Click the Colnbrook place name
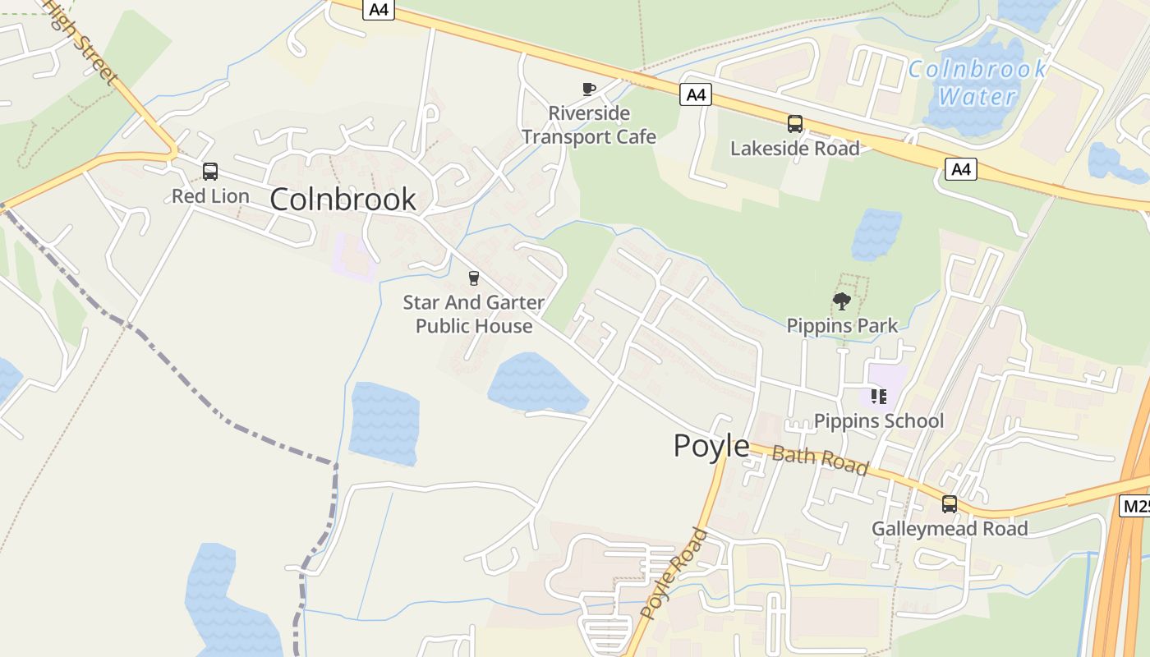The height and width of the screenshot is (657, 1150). tap(343, 200)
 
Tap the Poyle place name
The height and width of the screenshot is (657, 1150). tap(711, 446)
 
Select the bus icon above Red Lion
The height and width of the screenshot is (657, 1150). tap(210, 172)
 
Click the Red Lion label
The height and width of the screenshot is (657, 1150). tap(210, 196)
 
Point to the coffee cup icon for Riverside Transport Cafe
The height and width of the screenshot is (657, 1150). tap(589, 89)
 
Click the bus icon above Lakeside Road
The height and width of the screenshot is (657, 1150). tap(795, 124)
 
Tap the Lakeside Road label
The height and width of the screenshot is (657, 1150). tap(795, 149)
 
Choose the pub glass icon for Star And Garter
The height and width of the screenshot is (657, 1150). tap(473, 278)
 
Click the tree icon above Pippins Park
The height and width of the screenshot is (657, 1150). tap(842, 301)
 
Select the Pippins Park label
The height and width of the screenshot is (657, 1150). tap(842, 326)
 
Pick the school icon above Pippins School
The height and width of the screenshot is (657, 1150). tap(879, 397)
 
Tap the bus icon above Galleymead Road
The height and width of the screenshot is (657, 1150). tap(950, 504)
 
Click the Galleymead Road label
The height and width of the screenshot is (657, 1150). tap(950, 529)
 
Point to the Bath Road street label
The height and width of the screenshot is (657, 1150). tap(820, 460)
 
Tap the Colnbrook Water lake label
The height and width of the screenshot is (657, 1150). tap(977, 82)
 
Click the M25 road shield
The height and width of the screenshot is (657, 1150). tap(1136, 506)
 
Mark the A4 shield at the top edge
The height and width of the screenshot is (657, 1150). tap(379, 10)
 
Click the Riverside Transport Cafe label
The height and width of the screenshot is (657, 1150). tap(589, 125)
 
